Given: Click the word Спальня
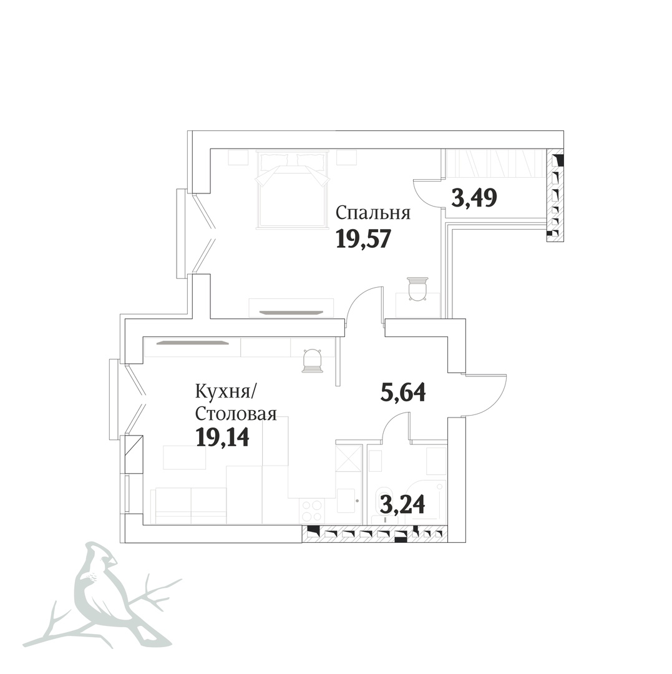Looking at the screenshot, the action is tap(373, 213).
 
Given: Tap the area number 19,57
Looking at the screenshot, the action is tap(363, 238).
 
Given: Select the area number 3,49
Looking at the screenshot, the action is tap(474, 198).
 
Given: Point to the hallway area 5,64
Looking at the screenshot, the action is tap(403, 392).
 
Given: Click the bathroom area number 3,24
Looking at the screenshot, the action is tap(402, 504).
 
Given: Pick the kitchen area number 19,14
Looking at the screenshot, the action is tap(222, 437).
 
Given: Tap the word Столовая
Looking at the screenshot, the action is tap(236, 414).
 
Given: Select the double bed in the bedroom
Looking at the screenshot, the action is tap(292, 189).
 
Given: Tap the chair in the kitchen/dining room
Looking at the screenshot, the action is tap(313, 361).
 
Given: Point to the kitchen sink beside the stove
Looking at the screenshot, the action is tap(346, 501).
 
